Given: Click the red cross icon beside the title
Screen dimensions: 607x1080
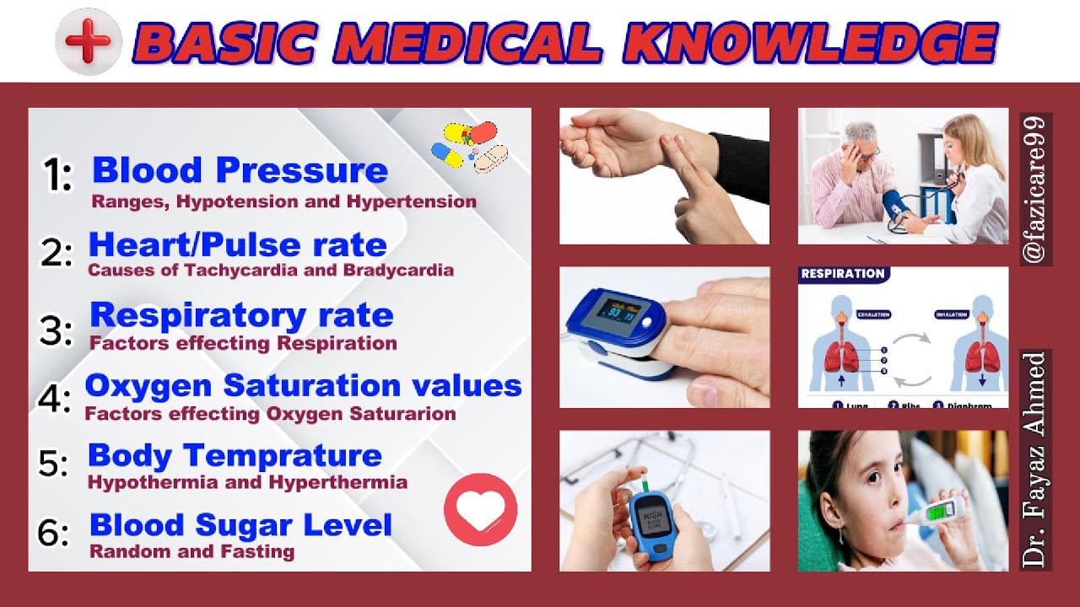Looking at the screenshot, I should (x=88, y=41).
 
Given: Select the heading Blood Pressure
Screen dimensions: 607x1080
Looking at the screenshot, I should (x=240, y=170).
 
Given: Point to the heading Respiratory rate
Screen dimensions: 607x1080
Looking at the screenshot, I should (x=241, y=315).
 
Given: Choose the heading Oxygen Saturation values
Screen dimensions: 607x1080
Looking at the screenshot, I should (x=303, y=385).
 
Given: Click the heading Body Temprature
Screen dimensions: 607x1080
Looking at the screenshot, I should (x=235, y=455).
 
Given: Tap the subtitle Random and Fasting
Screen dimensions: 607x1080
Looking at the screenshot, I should (x=192, y=552).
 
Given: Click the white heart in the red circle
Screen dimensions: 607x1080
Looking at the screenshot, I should (x=480, y=509).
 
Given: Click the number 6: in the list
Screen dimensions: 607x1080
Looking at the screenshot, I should (x=53, y=532).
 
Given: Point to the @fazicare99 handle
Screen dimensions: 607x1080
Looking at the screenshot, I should (x=1035, y=189).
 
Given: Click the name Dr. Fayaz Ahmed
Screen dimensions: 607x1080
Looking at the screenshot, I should (x=1035, y=459).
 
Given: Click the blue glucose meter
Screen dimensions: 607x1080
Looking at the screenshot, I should (x=652, y=522).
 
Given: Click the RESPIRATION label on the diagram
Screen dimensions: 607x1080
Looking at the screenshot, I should (x=842, y=274).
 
